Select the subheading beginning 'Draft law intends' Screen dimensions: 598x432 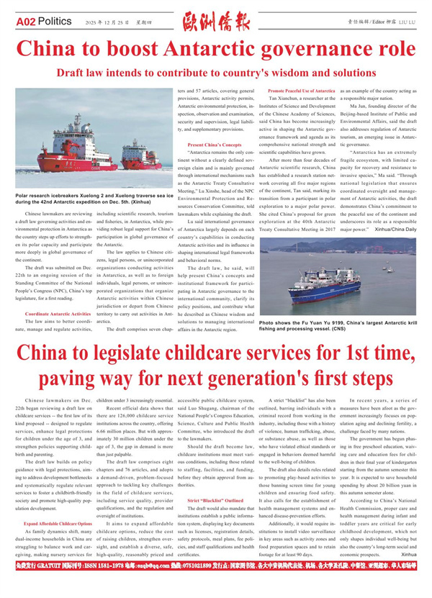pos(216,73)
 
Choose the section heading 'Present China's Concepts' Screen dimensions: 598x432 pos(215,145)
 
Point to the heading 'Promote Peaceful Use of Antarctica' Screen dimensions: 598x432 pos(301,91)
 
